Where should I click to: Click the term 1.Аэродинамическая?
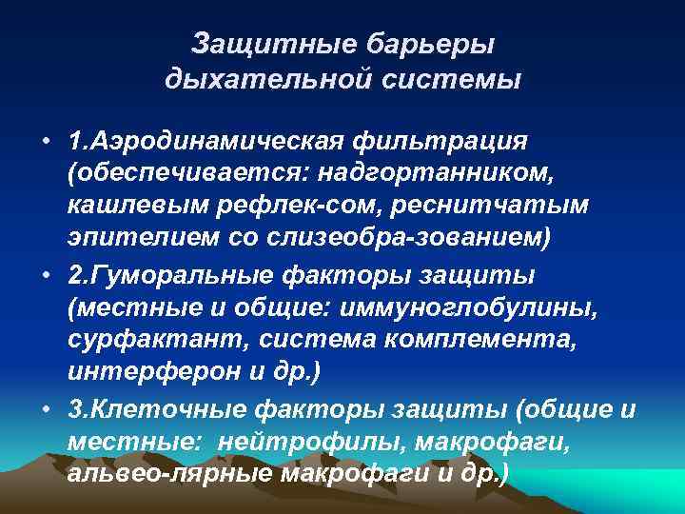203,142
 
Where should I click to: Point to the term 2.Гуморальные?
168,275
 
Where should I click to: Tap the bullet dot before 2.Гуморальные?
45,275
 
